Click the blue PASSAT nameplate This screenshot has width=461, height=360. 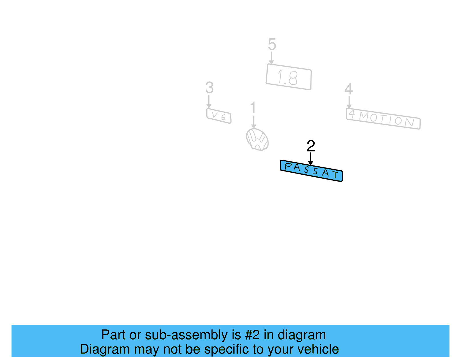pyautogui.click(x=311, y=171)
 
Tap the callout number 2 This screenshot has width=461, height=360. pyautogui.click(x=311, y=146)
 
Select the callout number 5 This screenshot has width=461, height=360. pyautogui.click(x=272, y=45)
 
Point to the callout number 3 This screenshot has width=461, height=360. pyautogui.click(x=209, y=88)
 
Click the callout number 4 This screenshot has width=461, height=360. pyautogui.click(x=349, y=89)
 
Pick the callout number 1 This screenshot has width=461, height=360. pyautogui.click(x=253, y=108)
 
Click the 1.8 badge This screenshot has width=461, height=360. pyautogui.click(x=288, y=77)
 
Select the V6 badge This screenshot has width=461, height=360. pyautogui.click(x=219, y=116)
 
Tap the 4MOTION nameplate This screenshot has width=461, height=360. pyautogui.click(x=383, y=119)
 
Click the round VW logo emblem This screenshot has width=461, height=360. pyautogui.click(x=257, y=140)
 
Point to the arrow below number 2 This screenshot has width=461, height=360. pyautogui.click(x=310, y=159)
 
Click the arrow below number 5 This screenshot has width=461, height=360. pyautogui.click(x=271, y=58)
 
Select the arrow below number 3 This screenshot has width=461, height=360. pyautogui.click(x=209, y=102)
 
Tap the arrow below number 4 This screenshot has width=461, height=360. pyautogui.click(x=349, y=102)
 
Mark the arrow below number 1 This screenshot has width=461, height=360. pyautogui.click(x=254, y=122)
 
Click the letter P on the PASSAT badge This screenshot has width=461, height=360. pyautogui.click(x=288, y=166)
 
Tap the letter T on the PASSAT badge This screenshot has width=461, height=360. pyautogui.click(x=335, y=174)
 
